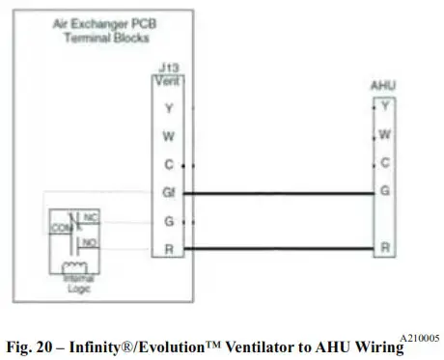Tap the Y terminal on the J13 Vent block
click(169, 109)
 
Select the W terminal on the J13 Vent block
click(169, 137)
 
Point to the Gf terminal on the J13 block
click(170, 193)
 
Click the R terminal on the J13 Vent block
click(169, 249)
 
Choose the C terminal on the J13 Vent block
click(169, 165)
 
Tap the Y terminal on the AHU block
click(385, 105)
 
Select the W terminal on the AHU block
click(385, 133)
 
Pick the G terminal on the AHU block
click(385, 192)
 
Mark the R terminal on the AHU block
click(385, 248)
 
